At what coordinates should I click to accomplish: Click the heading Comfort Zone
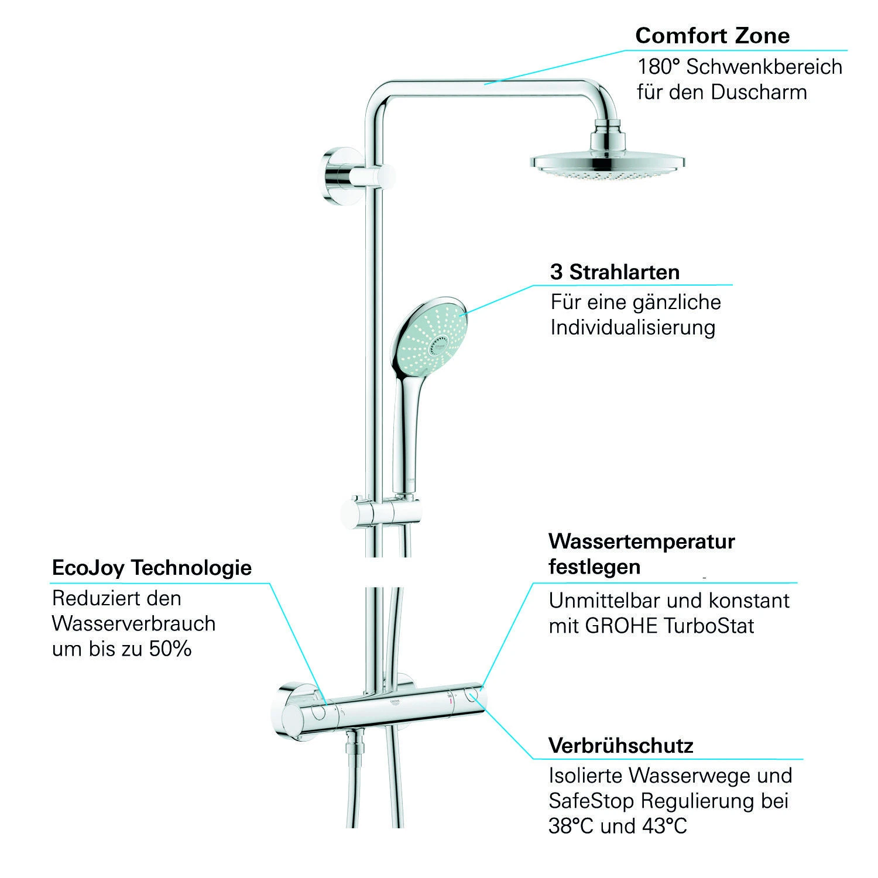coord(712,36)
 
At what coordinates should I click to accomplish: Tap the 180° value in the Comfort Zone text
coord(657,67)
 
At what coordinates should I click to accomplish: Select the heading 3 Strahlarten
coord(615,272)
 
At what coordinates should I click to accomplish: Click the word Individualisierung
coord(633,327)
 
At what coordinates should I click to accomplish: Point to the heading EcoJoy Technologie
coord(152,568)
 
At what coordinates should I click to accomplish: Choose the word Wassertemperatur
coord(642,541)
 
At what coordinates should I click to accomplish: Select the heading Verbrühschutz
coord(621,746)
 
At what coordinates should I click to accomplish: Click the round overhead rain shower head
coord(607,164)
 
